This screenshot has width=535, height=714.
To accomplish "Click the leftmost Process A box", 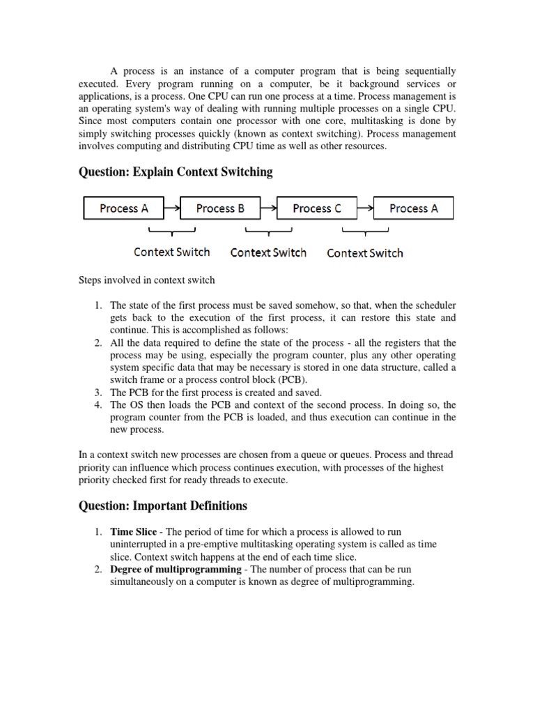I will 124,208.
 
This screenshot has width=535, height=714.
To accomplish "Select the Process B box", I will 220,208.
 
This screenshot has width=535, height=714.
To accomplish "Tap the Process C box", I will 317,208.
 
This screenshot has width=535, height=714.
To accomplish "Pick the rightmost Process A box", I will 414,208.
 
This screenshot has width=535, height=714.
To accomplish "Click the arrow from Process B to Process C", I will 268,208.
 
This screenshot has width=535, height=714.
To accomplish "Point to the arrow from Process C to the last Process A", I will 365,208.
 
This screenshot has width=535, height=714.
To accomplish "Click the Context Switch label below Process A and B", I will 171,252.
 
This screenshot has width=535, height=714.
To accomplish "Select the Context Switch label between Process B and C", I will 268,252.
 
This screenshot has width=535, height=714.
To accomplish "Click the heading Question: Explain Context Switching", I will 175,172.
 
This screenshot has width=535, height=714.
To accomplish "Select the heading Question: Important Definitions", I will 162,505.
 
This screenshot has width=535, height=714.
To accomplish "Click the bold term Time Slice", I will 134,532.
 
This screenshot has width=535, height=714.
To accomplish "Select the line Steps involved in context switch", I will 147,280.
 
